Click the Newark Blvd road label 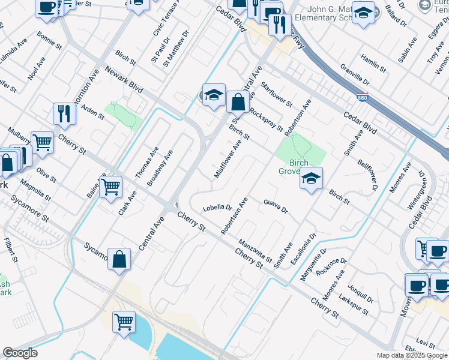[124, 79]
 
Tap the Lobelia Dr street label [217, 208]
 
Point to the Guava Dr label [276, 206]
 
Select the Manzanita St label [256, 248]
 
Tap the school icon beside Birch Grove [311, 179]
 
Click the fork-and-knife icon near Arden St [64, 113]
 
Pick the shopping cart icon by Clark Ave [111, 187]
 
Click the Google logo [20, 353]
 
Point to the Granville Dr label [354, 74]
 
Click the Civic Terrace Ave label [166, 19]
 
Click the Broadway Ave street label [160, 167]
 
